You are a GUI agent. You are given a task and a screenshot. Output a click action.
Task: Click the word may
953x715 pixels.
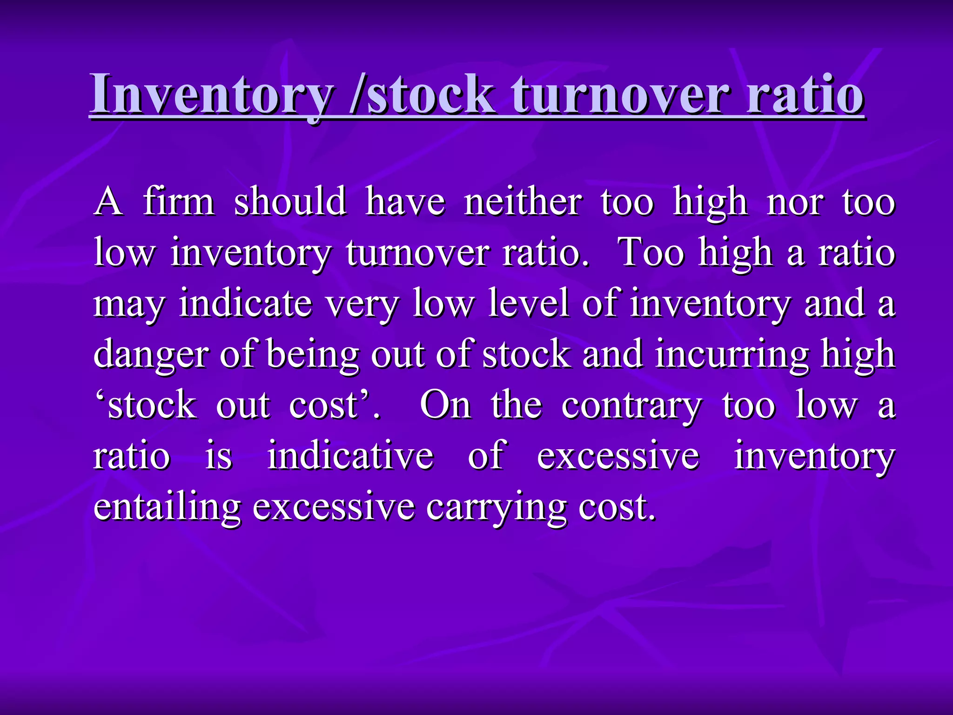pyautogui.click(x=129, y=304)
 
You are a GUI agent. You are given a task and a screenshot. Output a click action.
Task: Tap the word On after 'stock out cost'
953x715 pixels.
pyautogui.click(x=445, y=405)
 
